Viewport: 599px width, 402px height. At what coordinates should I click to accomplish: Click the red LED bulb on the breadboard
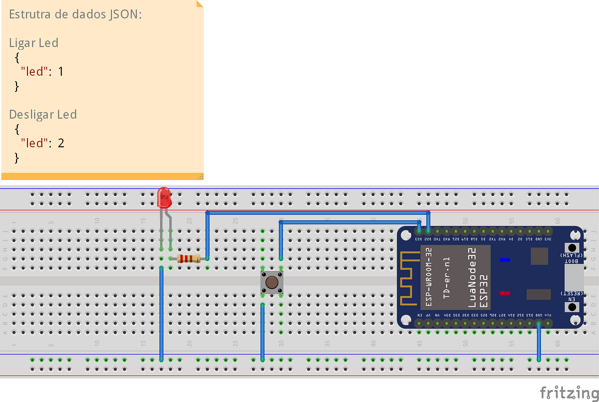[x=164, y=198]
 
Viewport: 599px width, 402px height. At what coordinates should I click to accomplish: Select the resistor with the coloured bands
[x=189, y=258]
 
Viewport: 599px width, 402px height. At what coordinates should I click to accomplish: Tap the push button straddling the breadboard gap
[x=272, y=283]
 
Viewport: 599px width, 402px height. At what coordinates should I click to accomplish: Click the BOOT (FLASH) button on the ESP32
[x=572, y=248]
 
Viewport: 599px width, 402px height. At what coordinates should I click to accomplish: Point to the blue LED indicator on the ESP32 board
[x=505, y=260]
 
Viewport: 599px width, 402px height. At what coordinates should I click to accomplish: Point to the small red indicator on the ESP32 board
[x=505, y=293]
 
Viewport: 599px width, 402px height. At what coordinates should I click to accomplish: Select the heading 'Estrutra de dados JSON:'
[x=75, y=14]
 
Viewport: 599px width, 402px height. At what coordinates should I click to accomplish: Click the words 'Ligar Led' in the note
[x=33, y=43]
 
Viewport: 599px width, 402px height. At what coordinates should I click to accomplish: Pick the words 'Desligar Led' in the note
[x=43, y=114]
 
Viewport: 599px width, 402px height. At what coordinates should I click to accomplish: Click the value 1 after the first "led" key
[x=61, y=71]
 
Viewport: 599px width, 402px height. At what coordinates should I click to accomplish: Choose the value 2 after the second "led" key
[x=61, y=143]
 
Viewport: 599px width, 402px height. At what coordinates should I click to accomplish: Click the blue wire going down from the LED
[x=161, y=314]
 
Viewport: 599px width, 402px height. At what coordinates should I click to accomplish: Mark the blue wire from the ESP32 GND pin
[x=539, y=342]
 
